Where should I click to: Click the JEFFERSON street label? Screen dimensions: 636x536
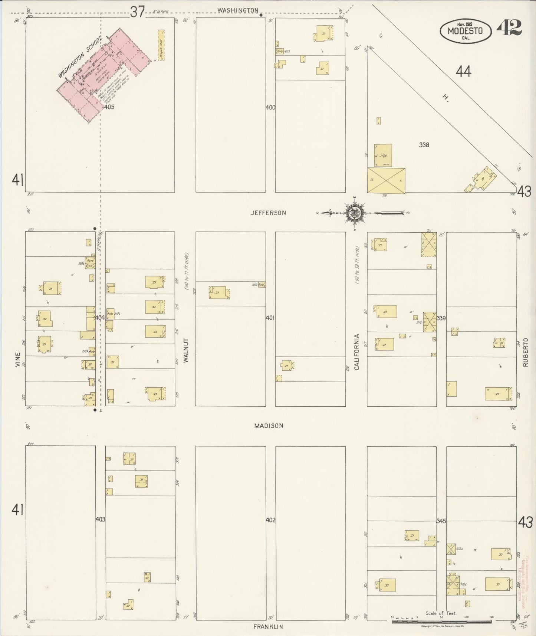268,213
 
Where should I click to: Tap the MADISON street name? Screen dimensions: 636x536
269,426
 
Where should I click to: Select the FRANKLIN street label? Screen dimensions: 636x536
268,627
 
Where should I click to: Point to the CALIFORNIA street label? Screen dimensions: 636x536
357,352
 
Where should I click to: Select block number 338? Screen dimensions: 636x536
424,145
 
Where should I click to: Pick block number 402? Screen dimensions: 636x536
270,520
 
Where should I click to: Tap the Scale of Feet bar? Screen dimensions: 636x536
441,621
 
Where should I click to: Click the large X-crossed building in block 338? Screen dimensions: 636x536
386,180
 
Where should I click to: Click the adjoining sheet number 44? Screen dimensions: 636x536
463,71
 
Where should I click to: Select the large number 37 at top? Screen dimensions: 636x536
137,12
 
